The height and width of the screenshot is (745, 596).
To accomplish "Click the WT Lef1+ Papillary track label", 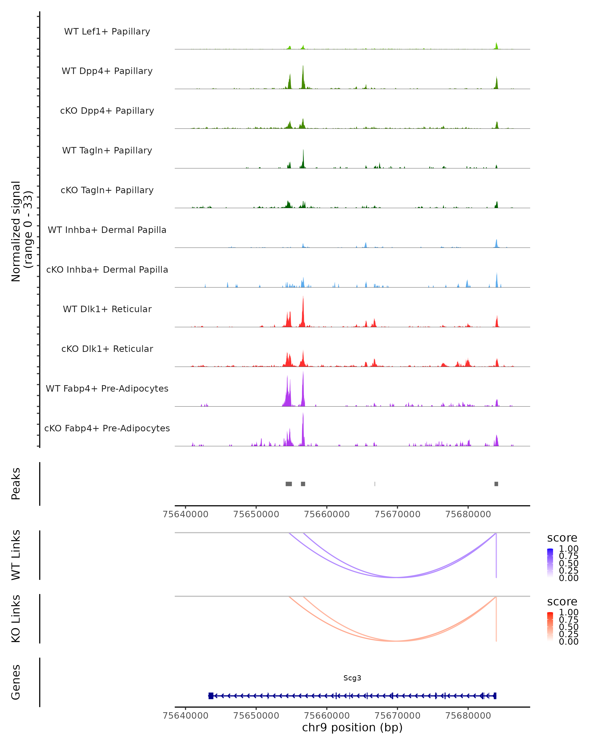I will click(107, 32).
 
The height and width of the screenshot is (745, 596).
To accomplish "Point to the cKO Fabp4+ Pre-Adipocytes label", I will click(107, 428).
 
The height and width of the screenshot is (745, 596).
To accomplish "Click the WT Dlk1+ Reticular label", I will click(107, 309).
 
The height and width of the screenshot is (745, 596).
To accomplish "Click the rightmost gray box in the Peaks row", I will click(496, 484).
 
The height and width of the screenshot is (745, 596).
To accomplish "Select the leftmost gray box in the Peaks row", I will click(289, 484).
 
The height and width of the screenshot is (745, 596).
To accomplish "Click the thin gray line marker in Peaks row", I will click(375, 484).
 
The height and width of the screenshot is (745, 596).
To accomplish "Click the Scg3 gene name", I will click(352, 678).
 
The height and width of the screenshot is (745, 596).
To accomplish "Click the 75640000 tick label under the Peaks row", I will click(186, 514).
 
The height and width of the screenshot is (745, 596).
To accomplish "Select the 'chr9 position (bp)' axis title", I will click(352, 727).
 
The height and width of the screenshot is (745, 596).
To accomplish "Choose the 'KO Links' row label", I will click(16, 619).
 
